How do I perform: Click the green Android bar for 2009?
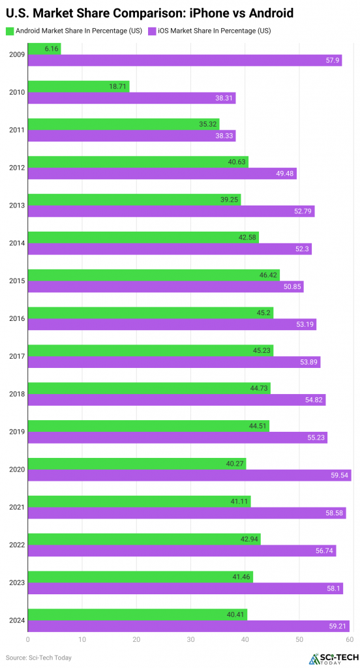pyautogui.click(x=44, y=49)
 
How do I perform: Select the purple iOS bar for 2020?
pyautogui.click(x=189, y=476)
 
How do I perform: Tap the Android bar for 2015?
pyautogui.click(x=153, y=275)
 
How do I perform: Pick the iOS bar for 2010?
pyautogui.click(x=131, y=99)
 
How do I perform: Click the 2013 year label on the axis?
pyautogui.click(x=16, y=205)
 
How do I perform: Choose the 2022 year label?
pyautogui.click(x=16, y=545)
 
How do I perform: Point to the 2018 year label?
pyautogui.click(x=16, y=394)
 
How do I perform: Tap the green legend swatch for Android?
pyautogui.click(x=9, y=30)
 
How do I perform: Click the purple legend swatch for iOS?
pyautogui.click(x=152, y=30)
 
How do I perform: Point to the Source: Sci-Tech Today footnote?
pyautogui.click(x=38, y=658)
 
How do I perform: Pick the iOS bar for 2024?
pyautogui.click(x=188, y=626)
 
